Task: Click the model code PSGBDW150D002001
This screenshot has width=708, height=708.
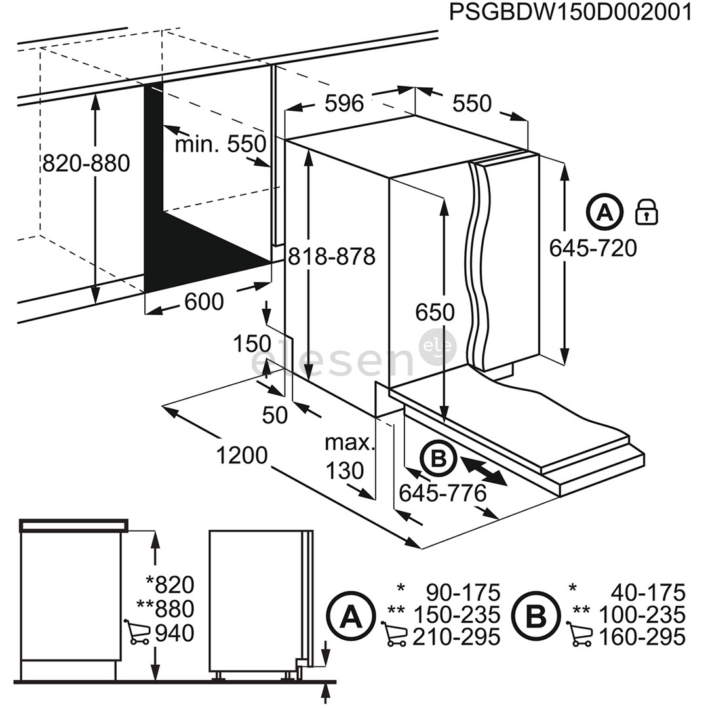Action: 570,13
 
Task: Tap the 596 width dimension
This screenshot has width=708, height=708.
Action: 344,103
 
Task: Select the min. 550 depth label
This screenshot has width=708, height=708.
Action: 220,144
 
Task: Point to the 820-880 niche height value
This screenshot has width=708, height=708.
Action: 86,163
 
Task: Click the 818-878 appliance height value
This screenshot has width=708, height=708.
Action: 332,256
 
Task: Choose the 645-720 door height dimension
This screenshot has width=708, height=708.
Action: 593,248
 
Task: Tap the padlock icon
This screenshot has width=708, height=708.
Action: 647,212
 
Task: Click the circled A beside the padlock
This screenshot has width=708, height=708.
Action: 604,212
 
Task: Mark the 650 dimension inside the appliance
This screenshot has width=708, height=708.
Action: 434,312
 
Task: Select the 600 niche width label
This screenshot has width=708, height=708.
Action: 204,302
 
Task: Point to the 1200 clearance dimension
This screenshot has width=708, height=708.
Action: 241,455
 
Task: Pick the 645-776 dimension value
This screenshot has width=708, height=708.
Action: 442,493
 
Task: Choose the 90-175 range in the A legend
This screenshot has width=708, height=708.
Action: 463,593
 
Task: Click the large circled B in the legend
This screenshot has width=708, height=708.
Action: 537,616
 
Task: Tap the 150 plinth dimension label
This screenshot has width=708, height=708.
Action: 252,344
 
